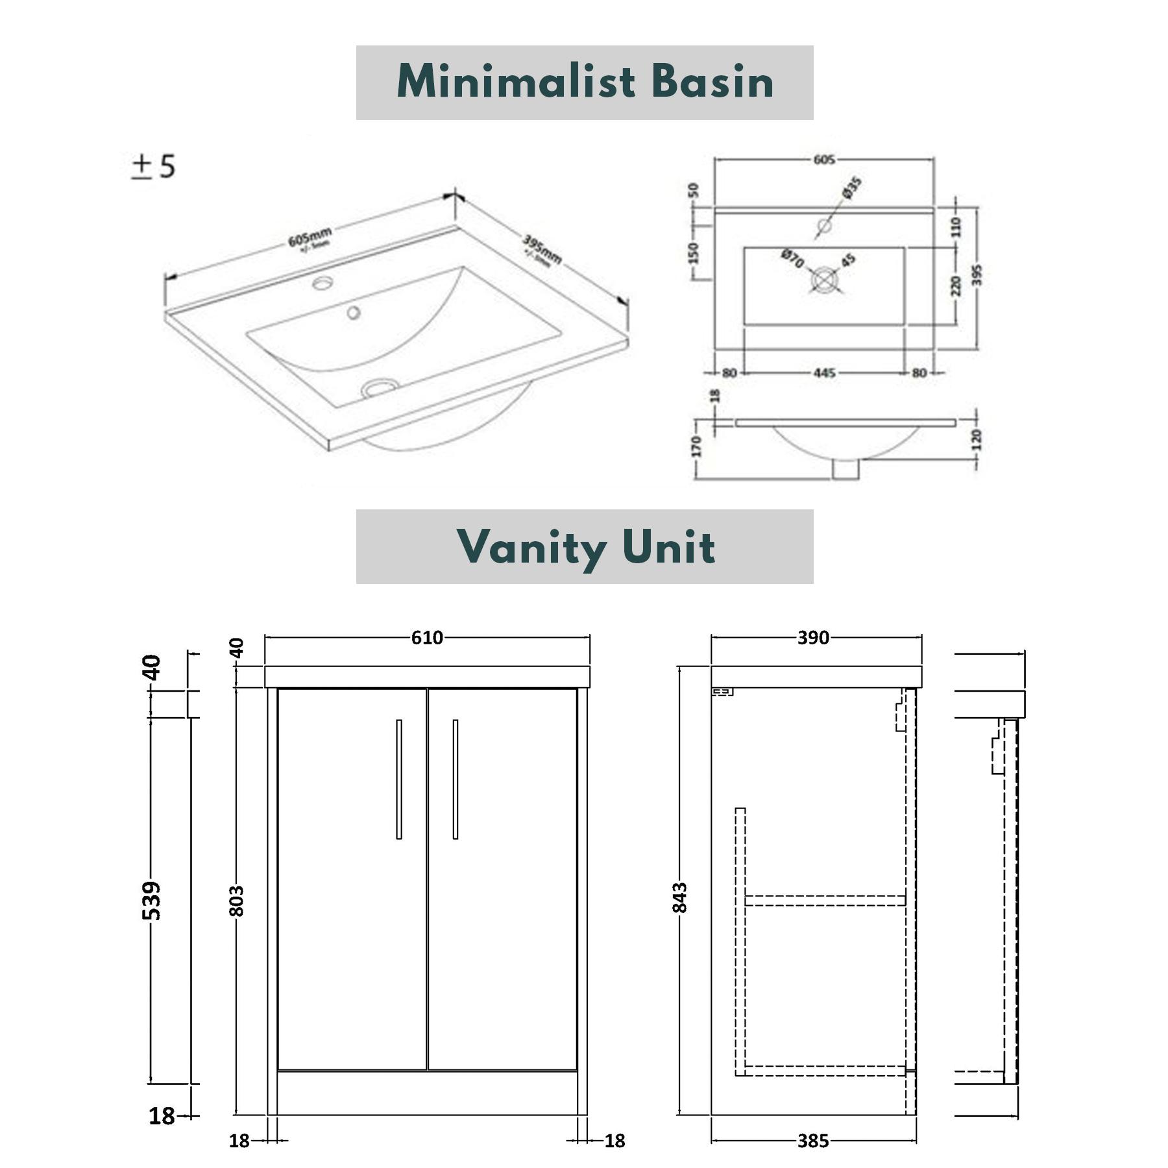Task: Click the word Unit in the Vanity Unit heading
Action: tap(668, 546)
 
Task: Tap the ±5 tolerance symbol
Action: tap(154, 167)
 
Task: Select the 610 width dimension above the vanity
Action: tap(427, 638)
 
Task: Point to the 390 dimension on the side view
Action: tap(813, 638)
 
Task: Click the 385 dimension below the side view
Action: tap(813, 1141)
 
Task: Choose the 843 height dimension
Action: tap(679, 897)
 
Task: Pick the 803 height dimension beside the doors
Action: tap(237, 901)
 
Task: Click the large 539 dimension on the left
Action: tap(151, 901)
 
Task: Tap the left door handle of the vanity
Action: tap(399, 779)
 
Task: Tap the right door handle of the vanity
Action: tap(456, 779)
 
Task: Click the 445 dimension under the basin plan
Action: tap(824, 373)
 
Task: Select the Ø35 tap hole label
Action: tap(852, 188)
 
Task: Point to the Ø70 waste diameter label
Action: tap(792, 258)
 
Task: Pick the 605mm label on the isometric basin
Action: tap(310, 237)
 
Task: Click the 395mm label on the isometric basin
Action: tap(542, 251)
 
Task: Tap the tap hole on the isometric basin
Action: tap(322, 283)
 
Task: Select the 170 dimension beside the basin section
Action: tap(696, 446)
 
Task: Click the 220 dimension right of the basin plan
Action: tap(956, 286)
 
